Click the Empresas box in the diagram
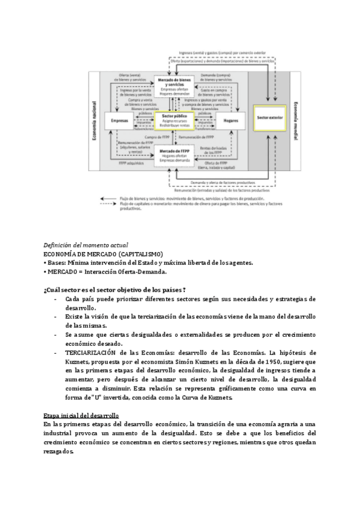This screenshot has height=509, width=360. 120,119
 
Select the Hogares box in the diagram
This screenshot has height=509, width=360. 230,119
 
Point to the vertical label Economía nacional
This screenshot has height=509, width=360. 94,127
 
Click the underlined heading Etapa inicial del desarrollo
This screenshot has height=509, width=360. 81,415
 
